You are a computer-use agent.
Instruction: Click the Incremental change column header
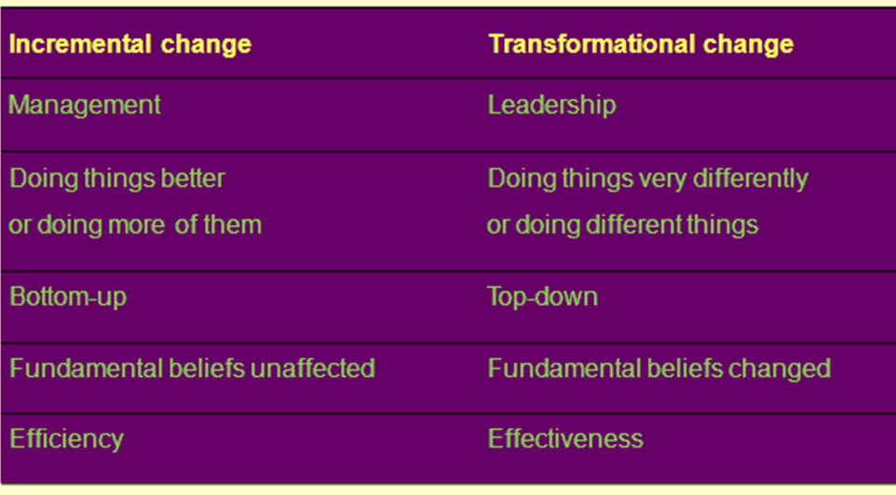click(130, 44)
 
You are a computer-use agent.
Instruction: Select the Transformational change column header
click(641, 44)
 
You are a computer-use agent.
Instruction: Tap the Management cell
click(85, 104)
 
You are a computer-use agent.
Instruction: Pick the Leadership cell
click(551, 104)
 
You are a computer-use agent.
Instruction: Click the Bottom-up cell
click(68, 297)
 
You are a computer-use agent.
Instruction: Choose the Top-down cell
click(542, 297)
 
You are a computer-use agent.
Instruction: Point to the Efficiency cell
click(66, 438)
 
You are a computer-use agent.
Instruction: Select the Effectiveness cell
click(565, 438)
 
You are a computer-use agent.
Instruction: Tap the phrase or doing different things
click(622, 225)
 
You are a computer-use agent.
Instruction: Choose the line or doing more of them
click(135, 225)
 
